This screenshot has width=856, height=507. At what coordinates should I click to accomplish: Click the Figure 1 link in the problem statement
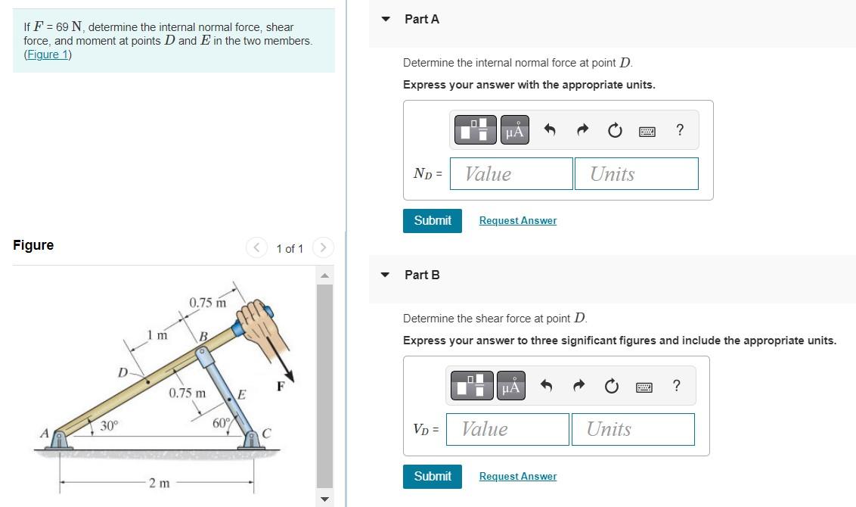(48, 54)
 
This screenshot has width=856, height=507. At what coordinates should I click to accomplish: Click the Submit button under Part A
(432, 220)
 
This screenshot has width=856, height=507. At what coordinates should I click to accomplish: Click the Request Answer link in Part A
(517, 221)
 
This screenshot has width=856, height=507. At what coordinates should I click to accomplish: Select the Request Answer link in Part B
(517, 477)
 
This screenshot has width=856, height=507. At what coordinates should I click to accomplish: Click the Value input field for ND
(511, 174)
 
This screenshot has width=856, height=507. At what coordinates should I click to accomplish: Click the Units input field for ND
(636, 174)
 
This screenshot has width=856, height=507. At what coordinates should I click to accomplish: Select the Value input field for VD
(507, 429)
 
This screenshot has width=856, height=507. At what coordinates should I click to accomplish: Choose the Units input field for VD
(632, 429)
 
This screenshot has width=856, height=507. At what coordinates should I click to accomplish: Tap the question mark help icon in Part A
(680, 130)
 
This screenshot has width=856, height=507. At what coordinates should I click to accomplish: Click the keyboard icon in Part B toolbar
(644, 387)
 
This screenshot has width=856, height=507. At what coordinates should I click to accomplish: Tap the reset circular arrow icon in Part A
(615, 131)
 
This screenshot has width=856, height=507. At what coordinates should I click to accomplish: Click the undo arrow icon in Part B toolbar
(547, 387)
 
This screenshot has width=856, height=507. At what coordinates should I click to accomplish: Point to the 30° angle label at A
(110, 426)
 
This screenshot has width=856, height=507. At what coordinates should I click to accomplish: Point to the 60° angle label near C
(221, 423)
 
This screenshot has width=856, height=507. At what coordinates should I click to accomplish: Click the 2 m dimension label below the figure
(159, 483)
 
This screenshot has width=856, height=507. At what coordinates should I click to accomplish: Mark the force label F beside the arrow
(281, 385)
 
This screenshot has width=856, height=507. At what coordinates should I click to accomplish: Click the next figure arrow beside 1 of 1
(323, 247)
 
